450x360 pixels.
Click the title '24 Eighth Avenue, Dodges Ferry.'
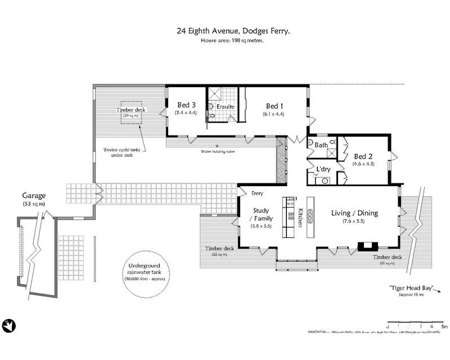(233, 32)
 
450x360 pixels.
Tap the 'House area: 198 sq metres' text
(233, 41)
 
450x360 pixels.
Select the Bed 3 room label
(187, 105)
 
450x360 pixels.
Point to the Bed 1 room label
(274, 105)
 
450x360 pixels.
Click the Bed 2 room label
(363, 156)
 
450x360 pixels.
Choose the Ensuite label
(226, 106)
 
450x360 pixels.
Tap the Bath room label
(321, 145)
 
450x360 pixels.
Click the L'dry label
(323, 169)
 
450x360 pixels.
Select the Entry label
(257, 193)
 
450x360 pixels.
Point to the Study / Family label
(260, 214)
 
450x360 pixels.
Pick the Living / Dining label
(354, 213)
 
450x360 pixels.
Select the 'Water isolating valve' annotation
(219, 152)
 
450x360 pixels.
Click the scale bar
(416, 326)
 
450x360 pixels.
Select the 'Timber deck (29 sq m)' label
(130, 111)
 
